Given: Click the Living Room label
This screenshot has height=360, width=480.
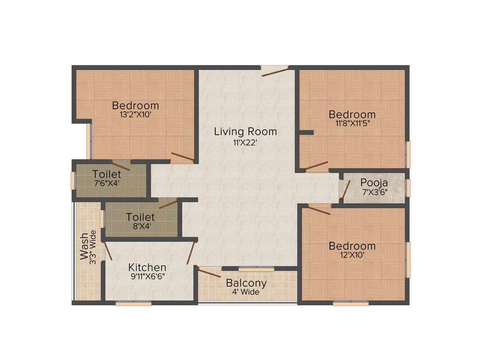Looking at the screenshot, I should coord(245,132).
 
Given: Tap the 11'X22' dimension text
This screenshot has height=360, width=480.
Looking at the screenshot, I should coord(245,143).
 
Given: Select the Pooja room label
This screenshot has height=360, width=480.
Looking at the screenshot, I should coord(374,182).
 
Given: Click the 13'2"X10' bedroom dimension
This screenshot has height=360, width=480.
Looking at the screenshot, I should coord(135,114).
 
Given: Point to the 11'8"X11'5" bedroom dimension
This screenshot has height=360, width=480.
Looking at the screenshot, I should coord(352,123).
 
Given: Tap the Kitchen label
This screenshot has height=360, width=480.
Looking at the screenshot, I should coord(147,268).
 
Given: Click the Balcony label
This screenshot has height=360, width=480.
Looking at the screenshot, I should coord(246,283).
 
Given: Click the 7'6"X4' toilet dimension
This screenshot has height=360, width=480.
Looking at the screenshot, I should coord(106,183).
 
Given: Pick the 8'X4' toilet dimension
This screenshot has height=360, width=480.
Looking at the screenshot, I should coord(140,226).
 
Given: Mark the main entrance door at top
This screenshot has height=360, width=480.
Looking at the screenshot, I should coord(275,71).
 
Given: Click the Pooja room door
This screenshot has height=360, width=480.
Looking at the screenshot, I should coord(346,189).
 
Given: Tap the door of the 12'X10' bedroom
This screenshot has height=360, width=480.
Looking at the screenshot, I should coord(319,210).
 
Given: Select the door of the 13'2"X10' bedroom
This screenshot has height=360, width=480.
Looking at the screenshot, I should coord(182,157).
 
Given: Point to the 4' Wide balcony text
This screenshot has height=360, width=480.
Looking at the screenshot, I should coord(246,292).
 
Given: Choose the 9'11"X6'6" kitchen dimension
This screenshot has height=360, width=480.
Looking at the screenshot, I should coord(147,276).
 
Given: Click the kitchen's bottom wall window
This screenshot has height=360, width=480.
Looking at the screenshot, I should coord(134,304).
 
